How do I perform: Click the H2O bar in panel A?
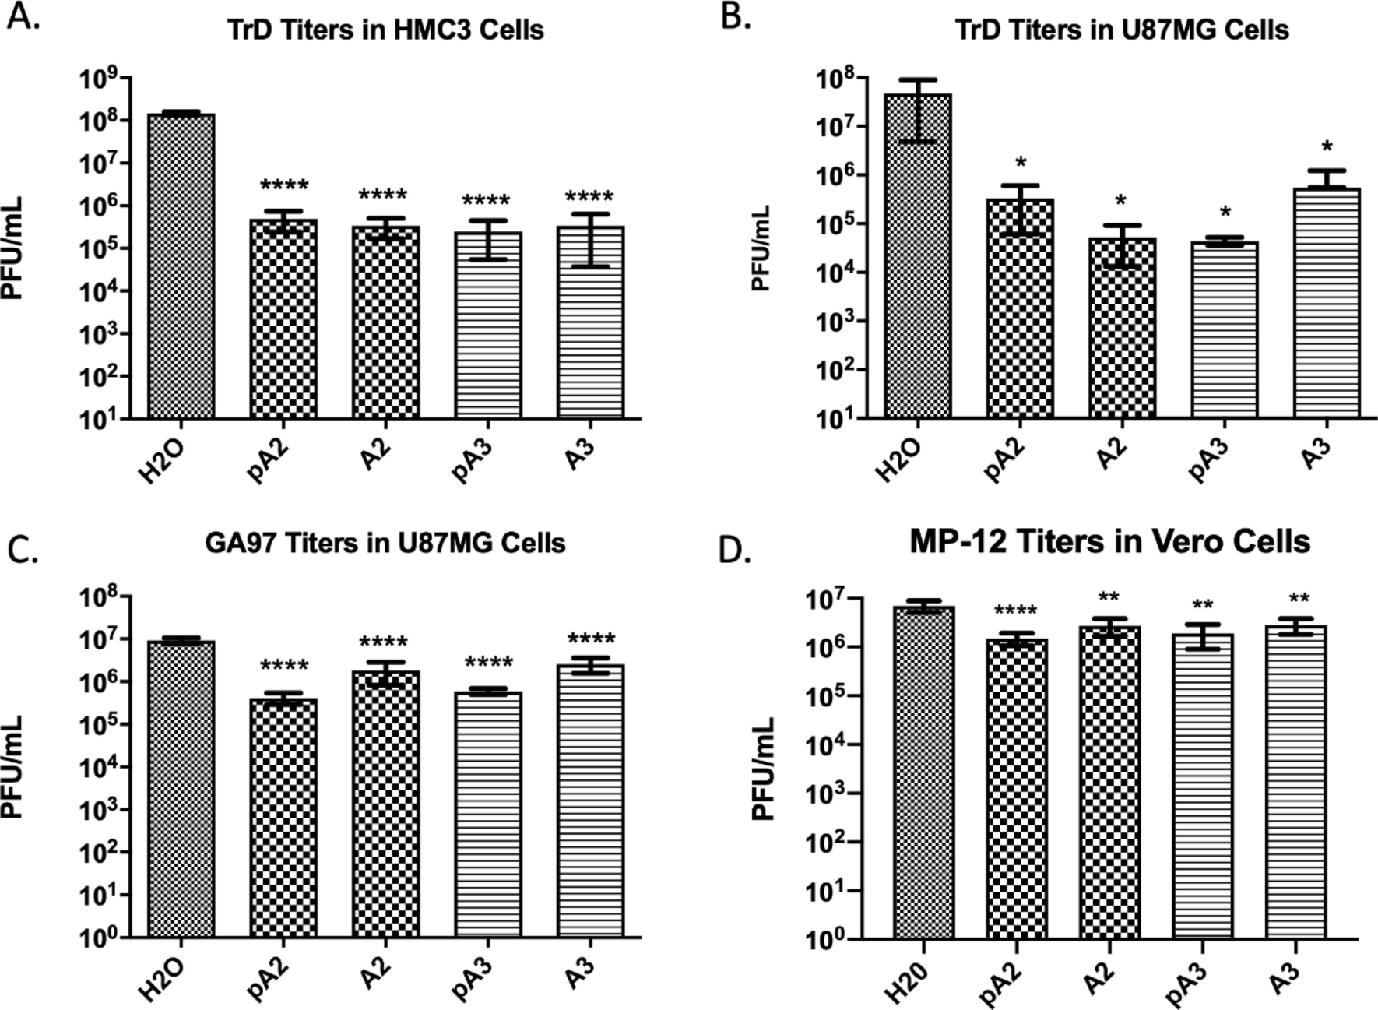(x=181, y=265)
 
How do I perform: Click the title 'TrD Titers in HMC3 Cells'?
(x=385, y=30)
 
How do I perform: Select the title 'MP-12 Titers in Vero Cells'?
(x=1109, y=541)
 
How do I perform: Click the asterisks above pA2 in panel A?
(x=284, y=185)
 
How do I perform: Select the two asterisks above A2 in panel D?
(x=1109, y=598)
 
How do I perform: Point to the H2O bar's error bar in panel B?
(x=919, y=110)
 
